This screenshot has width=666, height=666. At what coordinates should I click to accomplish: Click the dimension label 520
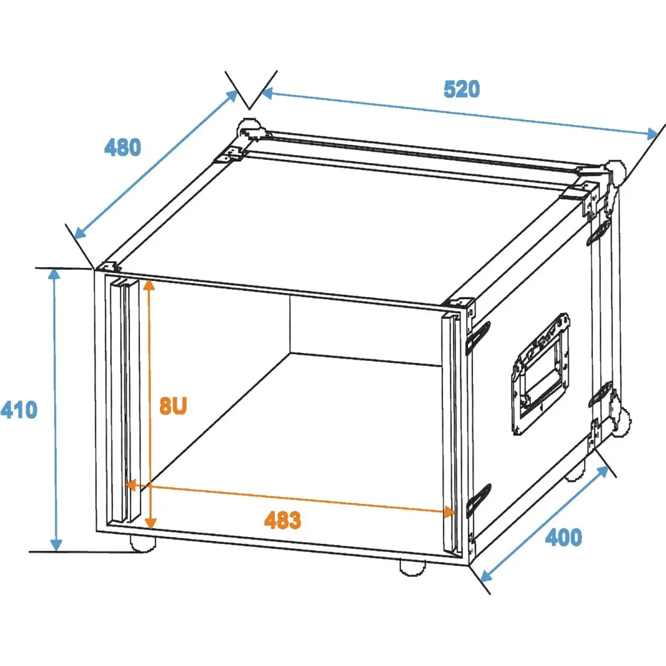(x=462, y=89)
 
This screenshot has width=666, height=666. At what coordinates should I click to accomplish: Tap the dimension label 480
(x=123, y=147)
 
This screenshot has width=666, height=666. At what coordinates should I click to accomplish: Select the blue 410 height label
(x=19, y=410)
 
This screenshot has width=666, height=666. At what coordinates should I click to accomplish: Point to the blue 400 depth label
(x=563, y=537)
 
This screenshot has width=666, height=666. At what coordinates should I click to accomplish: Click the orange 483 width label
(x=282, y=520)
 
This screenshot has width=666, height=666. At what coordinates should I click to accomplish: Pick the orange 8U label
(x=173, y=406)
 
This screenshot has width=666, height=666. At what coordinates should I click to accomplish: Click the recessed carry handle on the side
(x=540, y=374)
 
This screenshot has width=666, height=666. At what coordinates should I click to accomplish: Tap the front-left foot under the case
(x=143, y=543)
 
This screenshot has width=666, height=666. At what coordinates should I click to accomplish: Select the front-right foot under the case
(x=412, y=568)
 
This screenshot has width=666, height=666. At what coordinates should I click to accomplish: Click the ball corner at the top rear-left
(x=250, y=127)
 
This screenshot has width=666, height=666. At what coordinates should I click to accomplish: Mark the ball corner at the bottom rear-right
(x=621, y=423)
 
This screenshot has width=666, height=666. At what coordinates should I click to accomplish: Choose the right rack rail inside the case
(x=452, y=434)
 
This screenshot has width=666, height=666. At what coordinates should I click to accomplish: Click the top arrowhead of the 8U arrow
(x=149, y=284)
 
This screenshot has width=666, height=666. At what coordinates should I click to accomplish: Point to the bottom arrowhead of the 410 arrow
(x=56, y=545)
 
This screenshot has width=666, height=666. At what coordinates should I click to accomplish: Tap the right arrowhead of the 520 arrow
(x=653, y=134)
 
